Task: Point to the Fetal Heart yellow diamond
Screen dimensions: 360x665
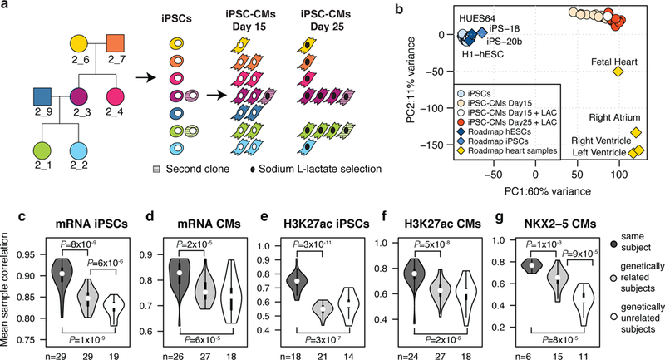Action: (618, 72)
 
